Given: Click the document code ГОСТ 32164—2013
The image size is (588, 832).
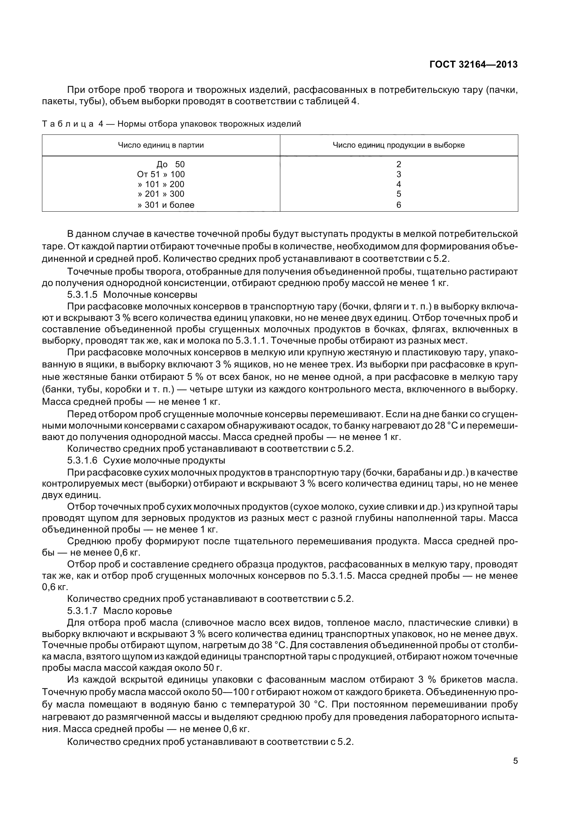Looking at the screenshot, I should tap(473, 65).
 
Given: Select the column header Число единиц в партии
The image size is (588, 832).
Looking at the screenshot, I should tap(161, 145).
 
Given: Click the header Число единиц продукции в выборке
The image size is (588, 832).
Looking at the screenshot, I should tap(398, 145).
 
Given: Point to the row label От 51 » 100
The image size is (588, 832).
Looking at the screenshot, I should tap(161, 174).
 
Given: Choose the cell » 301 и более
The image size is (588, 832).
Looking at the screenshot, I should tap(166, 205).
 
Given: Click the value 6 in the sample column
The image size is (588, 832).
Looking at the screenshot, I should tap(398, 205).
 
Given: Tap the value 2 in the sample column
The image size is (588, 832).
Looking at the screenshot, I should tap(398, 165).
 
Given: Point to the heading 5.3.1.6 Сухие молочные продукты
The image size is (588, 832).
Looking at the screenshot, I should tap(146, 461).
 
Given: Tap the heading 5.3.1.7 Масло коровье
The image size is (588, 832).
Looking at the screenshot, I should tap(120, 611).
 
